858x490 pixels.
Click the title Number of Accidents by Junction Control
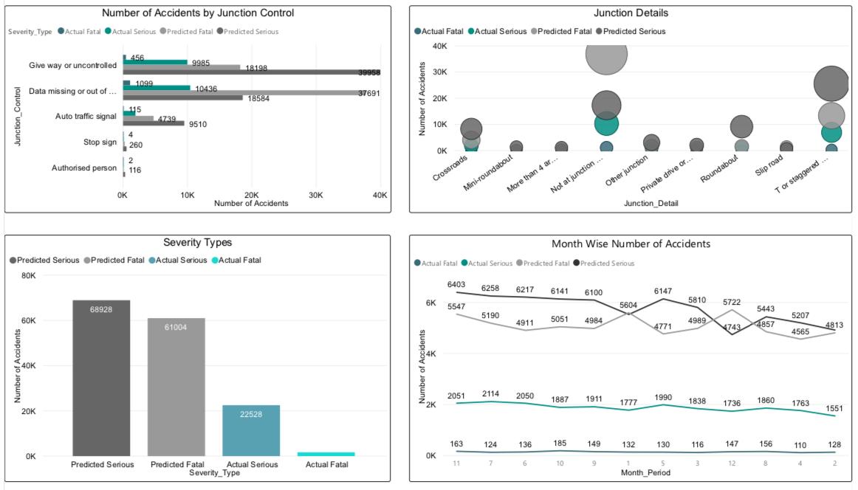coord(198,13)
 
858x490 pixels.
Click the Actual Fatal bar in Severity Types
coord(326,454)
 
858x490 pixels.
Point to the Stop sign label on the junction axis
coord(100,142)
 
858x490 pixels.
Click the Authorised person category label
coord(84,168)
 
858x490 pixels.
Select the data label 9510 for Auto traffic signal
coord(197,124)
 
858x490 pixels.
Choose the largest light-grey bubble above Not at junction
coord(606,53)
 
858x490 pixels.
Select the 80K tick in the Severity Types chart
coord(27,276)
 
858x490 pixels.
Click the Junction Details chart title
coord(631,13)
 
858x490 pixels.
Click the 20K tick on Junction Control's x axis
coord(251,196)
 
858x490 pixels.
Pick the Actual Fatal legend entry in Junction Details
coord(439,31)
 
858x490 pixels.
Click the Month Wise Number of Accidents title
coord(631,244)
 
